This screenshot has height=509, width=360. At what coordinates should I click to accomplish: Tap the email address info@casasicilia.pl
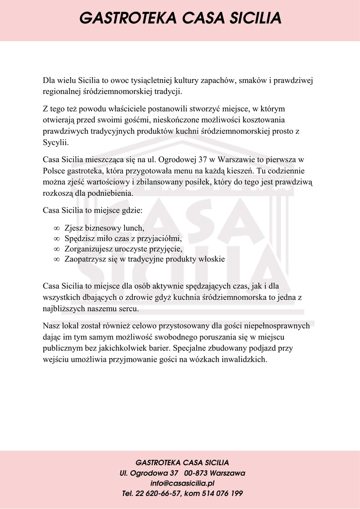click(x=182, y=483)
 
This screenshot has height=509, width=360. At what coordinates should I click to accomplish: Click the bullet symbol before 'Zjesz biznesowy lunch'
click(x=56, y=228)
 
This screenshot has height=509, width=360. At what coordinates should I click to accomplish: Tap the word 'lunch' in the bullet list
click(x=134, y=228)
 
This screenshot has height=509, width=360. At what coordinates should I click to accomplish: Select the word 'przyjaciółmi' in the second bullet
click(x=162, y=239)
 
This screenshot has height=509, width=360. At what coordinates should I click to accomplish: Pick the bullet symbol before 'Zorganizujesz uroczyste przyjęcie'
click(x=56, y=249)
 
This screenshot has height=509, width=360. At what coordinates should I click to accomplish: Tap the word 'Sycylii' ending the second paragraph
click(x=55, y=143)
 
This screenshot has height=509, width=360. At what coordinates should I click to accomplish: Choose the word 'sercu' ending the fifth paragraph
click(x=129, y=309)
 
